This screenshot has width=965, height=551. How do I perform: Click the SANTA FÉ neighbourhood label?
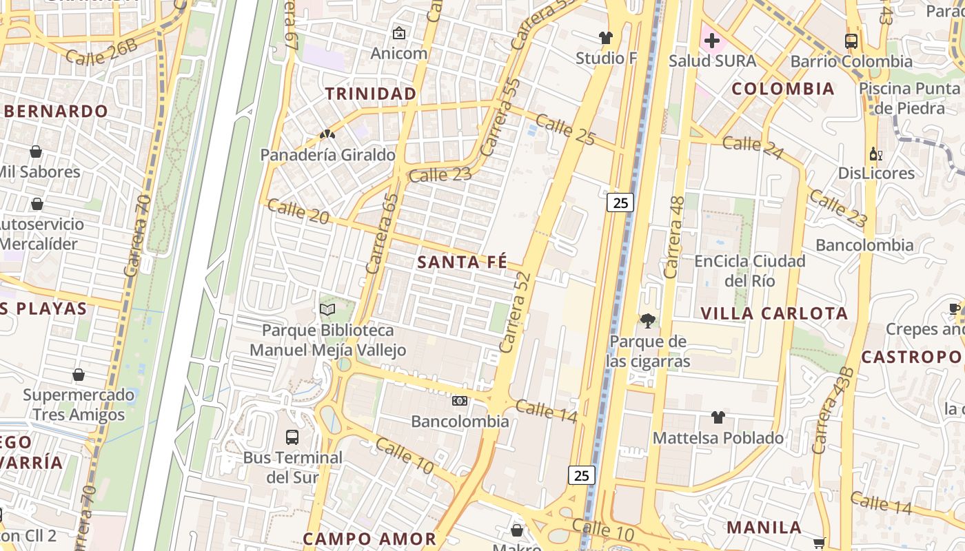click(x=462, y=262)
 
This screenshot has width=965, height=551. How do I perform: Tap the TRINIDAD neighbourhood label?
click(x=371, y=94)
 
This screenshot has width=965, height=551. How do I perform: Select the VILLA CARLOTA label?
click(x=774, y=313)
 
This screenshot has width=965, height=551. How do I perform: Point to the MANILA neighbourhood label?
click(x=764, y=528)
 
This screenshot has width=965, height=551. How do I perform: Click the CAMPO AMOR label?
click(x=369, y=539)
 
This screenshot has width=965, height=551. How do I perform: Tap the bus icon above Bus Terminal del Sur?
click(x=292, y=437)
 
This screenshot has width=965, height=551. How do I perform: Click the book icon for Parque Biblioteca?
click(x=327, y=310)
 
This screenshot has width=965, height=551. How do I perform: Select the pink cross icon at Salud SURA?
click(x=712, y=41)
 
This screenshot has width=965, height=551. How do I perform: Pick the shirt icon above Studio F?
click(x=606, y=38)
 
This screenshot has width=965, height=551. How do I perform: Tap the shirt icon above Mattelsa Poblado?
click(x=718, y=417)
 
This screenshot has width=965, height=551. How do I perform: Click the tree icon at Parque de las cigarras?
click(x=647, y=320)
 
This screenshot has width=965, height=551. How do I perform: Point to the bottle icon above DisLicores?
click(x=876, y=154)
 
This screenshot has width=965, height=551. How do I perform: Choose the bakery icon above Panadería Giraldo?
click(x=327, y=134)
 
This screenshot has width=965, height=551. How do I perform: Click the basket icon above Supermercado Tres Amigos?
click(x=79, y=375)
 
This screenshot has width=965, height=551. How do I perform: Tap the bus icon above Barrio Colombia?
click(x=851, y=41)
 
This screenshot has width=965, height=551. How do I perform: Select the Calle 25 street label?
click(x=565, y=130)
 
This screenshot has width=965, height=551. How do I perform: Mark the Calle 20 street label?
click(x=298, y=211)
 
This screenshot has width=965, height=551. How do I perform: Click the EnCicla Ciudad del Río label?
click(x=750, y=271)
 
